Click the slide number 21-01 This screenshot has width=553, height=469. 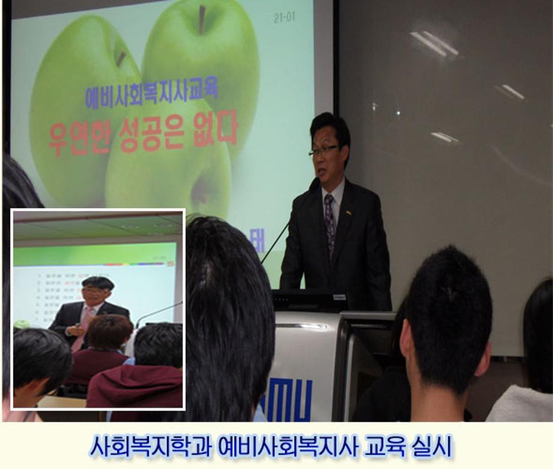(x=284, y=17)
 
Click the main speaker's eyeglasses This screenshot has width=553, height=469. (x=324, y=152)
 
